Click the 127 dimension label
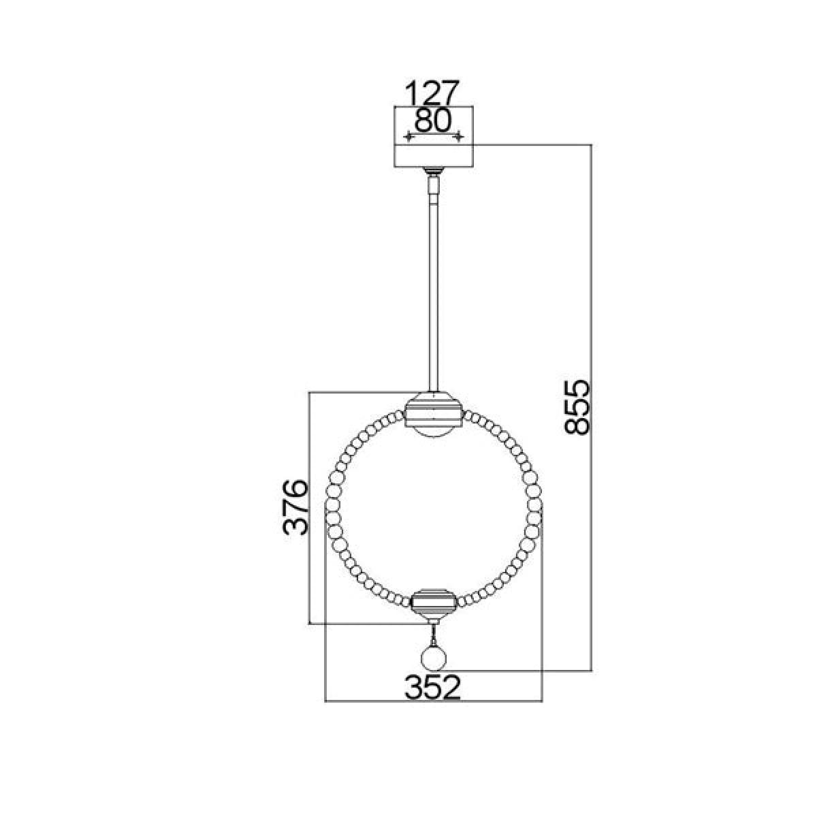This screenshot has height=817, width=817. pyautogui.click(x=432, y=93)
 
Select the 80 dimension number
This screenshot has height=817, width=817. pyautogui.click(x=432, y=121)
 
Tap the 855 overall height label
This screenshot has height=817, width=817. pyautogui.click(x=577, y=407)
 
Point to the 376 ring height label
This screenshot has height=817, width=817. pyautogui.click(x=295, y=507)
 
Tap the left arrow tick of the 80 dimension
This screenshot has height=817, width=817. pyautogui.click(x=408, y=137)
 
